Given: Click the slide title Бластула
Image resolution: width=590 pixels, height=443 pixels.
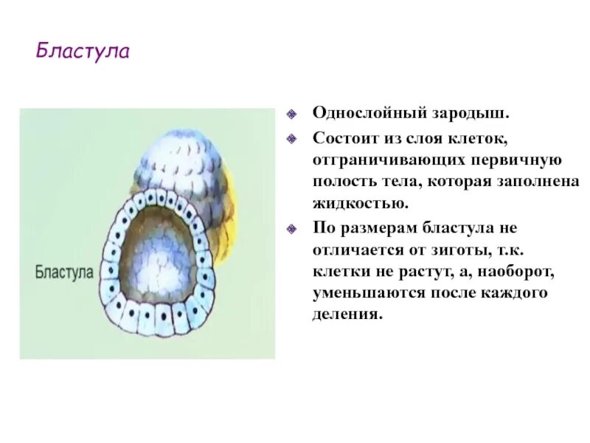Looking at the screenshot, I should [x=83, y=53].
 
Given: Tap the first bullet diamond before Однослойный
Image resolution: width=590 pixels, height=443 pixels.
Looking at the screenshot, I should [x=292, y=115].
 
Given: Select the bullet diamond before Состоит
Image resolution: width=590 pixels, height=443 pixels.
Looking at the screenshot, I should [x=292, y=138].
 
